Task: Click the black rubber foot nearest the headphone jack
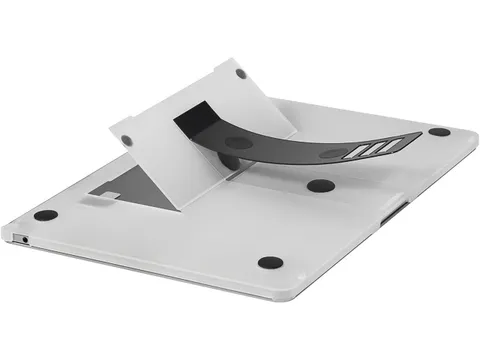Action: tap(44, 215)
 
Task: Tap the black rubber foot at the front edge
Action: tap(269, 263)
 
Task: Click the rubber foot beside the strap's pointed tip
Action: tap(439, 132)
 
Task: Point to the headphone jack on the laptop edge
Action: tap(24, 239)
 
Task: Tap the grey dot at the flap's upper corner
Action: tap(241, 74)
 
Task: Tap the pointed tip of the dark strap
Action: tap(417, 137)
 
